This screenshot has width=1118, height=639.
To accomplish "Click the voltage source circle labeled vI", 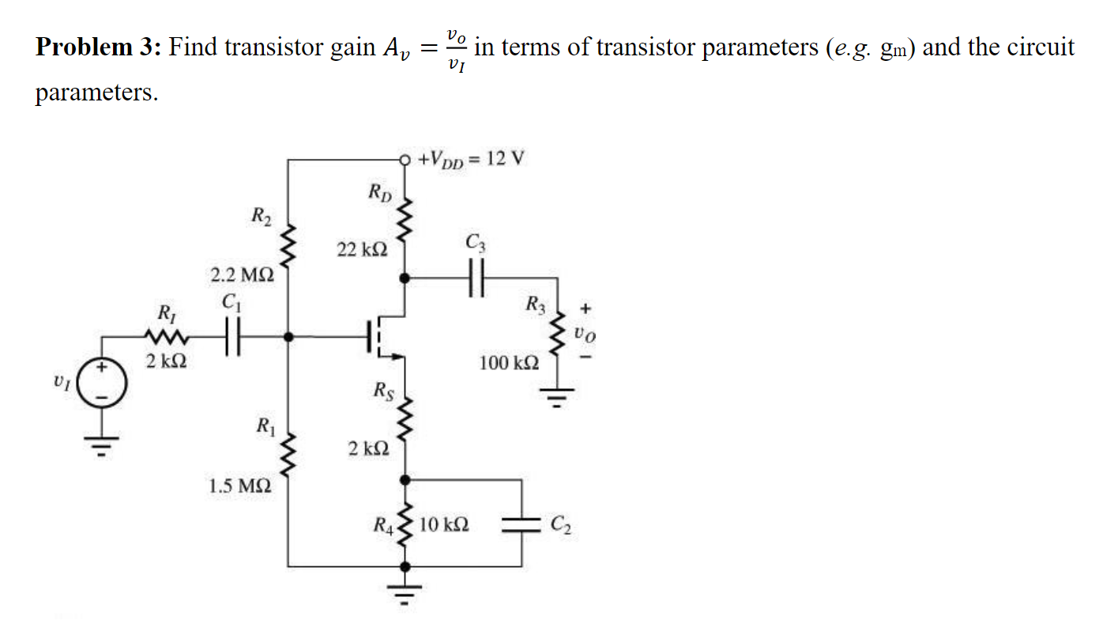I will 100,385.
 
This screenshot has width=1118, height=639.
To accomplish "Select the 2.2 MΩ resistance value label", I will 242,276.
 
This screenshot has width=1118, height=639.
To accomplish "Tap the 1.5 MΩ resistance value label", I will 240,486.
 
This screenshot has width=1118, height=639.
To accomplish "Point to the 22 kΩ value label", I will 362,250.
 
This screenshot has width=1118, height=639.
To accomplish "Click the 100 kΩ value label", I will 510,364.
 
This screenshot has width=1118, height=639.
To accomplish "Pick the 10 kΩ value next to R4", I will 444,524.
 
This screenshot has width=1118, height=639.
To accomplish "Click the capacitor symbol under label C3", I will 474,278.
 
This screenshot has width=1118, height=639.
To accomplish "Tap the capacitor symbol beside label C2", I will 521,523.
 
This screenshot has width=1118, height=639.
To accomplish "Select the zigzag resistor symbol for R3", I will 559,331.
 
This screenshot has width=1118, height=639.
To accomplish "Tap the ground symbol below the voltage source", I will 100,448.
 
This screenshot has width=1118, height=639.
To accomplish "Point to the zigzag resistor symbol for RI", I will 167,338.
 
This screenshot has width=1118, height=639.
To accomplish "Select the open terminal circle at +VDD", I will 406,160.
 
